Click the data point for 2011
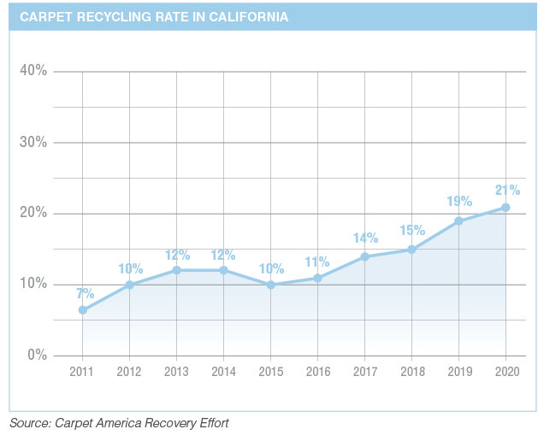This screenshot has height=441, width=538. tap(82, 310)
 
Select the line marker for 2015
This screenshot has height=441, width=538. tap(270, 285)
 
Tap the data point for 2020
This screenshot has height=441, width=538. tap(505, 207)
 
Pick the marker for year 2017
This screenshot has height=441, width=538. tap(364, 256)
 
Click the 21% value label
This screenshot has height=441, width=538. tap(506, 190)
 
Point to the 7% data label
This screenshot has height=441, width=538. tap(85, 293)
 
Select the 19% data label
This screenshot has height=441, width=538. tap(459, 202)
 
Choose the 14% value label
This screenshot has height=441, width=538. tap(365, 239)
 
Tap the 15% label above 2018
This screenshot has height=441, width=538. tap(412, 232)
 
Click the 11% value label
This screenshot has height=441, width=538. tap(318, 262)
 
